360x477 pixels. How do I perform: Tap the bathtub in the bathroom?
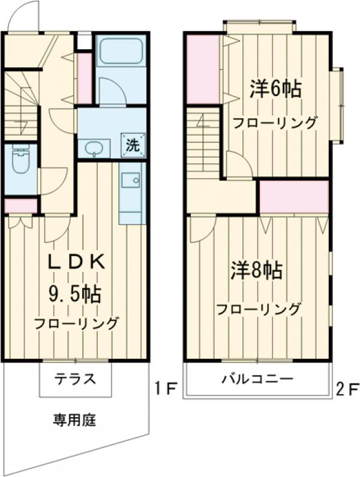[x=121, y=51]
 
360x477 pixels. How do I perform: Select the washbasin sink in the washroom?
[x=94, y=147]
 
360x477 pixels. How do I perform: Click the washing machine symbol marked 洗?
[x=133, y=144]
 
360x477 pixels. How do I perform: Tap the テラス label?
[x=75, y=379]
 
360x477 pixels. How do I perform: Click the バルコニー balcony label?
[x=257, y=379]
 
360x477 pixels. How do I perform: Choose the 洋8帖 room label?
[x=257, y=271]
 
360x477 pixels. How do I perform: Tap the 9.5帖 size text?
[x=74, y=294]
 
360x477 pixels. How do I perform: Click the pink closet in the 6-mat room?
[x=202, y=69]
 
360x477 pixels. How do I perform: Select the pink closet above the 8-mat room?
[x=294, y=196]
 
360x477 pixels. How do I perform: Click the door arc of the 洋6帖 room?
[x=239, y=165]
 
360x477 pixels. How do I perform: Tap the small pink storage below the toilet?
[x=21, y=206]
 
